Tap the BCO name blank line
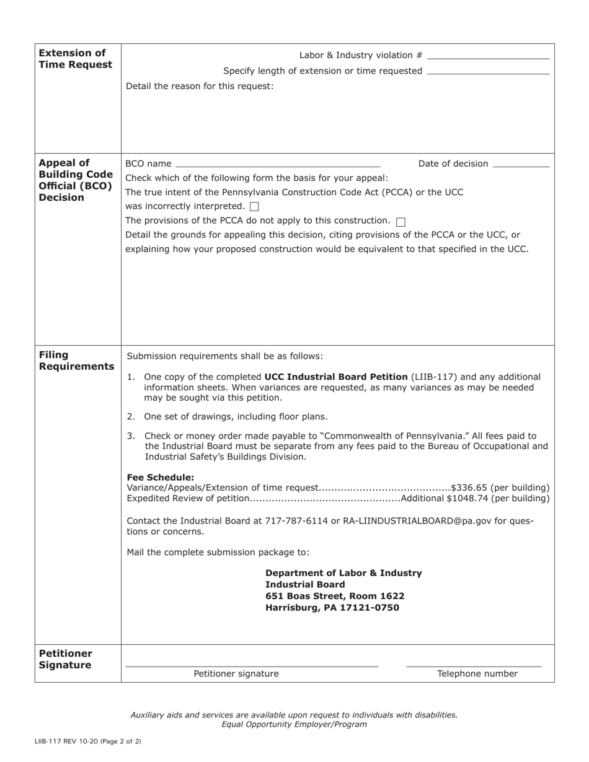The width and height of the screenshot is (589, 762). point(278,166)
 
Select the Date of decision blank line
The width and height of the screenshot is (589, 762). point(521,166)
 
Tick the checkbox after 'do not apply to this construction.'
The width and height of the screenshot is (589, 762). point(400,221)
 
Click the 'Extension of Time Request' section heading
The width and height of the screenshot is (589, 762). point(76,59)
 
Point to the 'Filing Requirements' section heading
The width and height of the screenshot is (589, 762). point(76,361)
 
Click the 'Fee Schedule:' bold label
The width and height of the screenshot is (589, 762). point(161,477)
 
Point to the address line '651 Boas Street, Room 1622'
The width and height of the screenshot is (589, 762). point(335,596)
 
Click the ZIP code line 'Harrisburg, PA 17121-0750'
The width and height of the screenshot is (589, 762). point(332,608)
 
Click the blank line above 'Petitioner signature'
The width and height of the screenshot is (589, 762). point(252,665)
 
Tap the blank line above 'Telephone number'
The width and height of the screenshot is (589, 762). point(474,665)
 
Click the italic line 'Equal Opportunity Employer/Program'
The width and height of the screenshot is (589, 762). point(294,724)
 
